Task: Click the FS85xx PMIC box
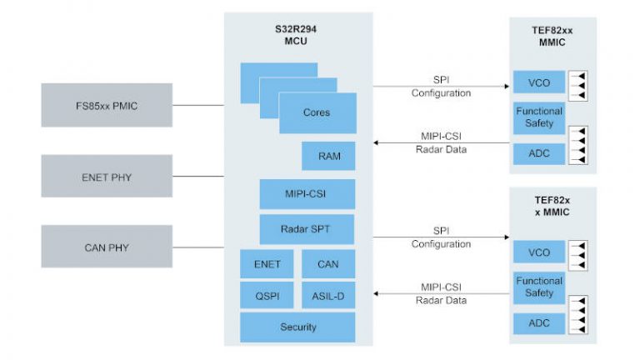[107, 105]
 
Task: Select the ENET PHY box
[107, 176]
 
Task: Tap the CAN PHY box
[107, 247]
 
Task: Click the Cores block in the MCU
[317, 113]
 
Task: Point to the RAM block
[328, 155]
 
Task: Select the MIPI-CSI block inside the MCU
[307, 193]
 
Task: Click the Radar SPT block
[307, 229]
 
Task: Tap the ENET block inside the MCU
[267, 264]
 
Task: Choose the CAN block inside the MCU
[327, 264]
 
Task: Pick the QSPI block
[267, 295]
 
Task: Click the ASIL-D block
[327, 295]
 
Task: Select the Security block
[297, 327]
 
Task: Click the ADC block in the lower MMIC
[539, 322]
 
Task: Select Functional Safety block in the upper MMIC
[539, 117]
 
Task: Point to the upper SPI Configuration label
[441, 87]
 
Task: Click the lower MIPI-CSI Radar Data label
[441, 293]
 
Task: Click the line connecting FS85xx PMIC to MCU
[198, 105]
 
